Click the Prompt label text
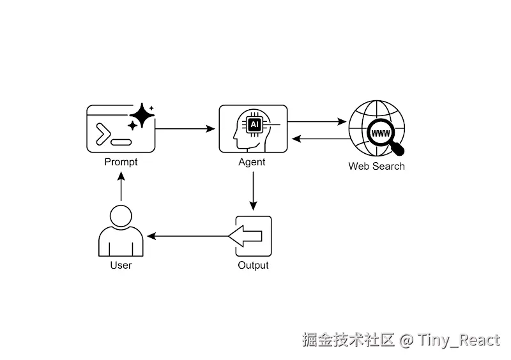121,162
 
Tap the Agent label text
252,162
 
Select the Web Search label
376,166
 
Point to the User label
121,265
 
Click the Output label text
253,266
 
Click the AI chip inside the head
254,124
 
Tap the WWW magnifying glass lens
380,133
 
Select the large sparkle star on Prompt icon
142,115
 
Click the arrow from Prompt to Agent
185,129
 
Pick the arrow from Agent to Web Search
317,122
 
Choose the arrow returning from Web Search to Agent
321,139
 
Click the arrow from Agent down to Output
253,191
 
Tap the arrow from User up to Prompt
121,186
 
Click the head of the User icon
121,216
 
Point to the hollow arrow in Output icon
245,236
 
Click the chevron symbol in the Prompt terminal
103,134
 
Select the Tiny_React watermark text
459,340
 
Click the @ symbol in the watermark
406,340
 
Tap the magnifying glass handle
397,149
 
